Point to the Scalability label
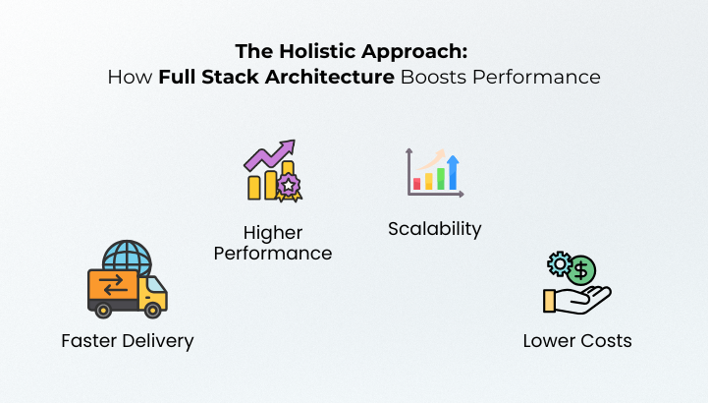[434, 229]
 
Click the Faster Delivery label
[128, 341]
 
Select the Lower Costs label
[576, 341]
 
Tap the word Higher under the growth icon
[273, 233]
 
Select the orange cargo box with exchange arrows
[113, 285]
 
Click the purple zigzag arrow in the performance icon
[268, 155]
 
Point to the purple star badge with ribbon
[288, 186]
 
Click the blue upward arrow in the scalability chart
[453, 172]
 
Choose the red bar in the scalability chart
[417, 183]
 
